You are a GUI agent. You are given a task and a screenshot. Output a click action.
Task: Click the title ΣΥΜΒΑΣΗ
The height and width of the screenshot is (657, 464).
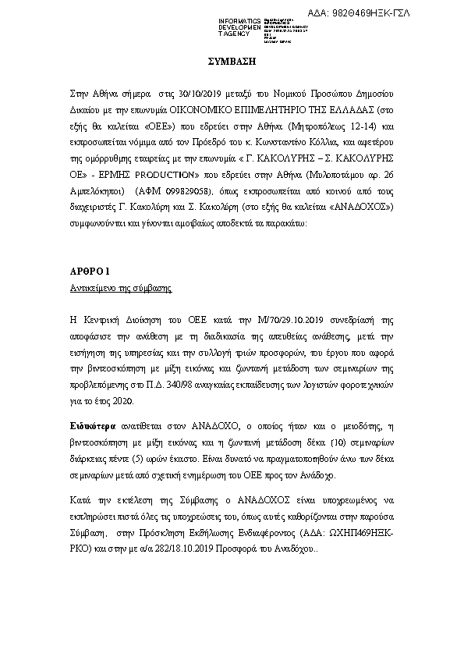231,60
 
